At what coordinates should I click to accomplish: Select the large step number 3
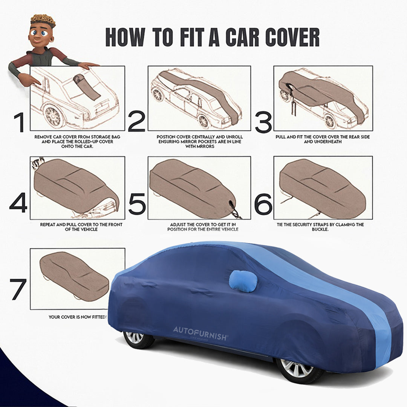pos(263,122)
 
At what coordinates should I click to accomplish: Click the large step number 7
pos(18,289)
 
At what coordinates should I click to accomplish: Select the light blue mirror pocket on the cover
pos(243,281)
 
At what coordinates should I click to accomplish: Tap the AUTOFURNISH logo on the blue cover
pos(200,330)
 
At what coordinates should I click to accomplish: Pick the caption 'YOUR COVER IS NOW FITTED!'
pos(78,317)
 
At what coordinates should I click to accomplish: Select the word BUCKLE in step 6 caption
pos(323,229)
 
